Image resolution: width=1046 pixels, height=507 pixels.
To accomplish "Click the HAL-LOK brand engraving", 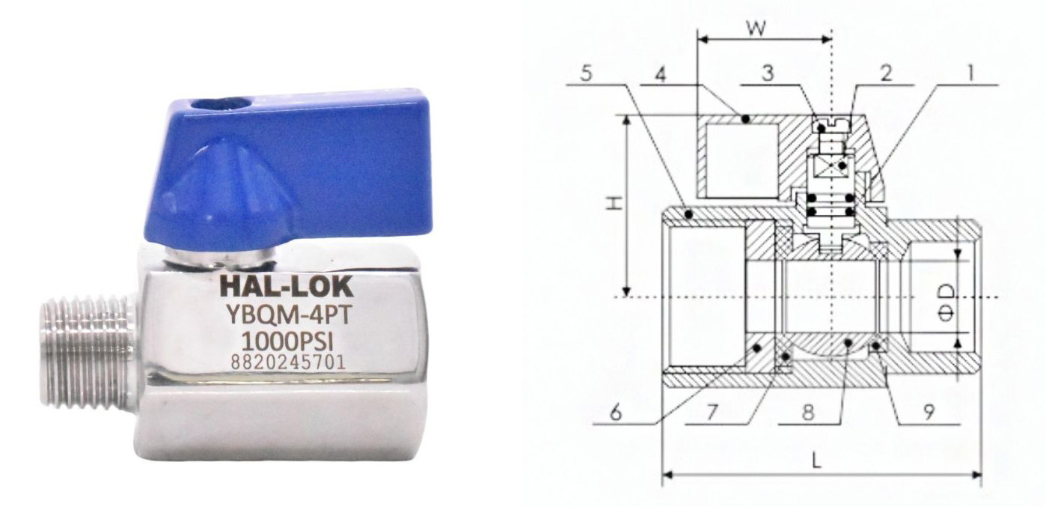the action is pos(287,288).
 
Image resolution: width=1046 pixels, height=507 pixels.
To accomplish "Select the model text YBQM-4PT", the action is pos(288,316).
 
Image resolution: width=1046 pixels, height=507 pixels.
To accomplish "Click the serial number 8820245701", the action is pos(287,362).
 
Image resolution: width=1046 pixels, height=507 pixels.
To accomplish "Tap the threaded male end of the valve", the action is pos(89,347).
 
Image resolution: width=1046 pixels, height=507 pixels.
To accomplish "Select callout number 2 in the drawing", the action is pos(886,73).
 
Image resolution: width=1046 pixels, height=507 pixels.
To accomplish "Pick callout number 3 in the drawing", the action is pos(768,73).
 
